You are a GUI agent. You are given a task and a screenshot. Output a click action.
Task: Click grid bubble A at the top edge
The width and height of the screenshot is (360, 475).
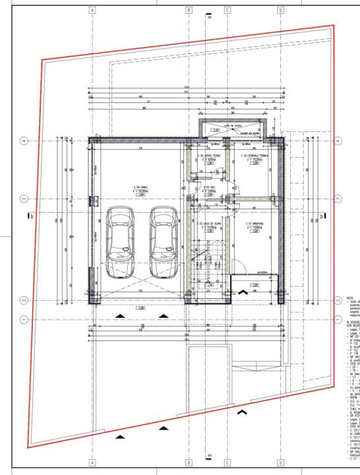[x=92, y=11]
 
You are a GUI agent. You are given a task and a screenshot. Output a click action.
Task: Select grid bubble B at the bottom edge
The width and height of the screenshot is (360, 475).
[x=189, y=462]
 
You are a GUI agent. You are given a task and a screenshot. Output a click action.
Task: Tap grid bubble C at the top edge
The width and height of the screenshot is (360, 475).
[x=227, y=11]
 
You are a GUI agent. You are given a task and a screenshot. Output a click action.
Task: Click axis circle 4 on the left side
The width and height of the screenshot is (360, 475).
[x=24, y=141]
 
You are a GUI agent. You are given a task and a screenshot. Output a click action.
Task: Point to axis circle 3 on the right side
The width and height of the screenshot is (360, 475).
[x=338, y=198]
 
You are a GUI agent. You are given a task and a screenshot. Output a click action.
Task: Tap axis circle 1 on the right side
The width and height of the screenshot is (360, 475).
[x=338, y=319]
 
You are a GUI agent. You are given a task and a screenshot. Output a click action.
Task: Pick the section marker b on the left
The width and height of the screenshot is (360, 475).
[x=30, y=214]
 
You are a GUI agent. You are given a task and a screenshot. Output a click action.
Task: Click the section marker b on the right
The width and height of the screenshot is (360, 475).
[x=321, y=214]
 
